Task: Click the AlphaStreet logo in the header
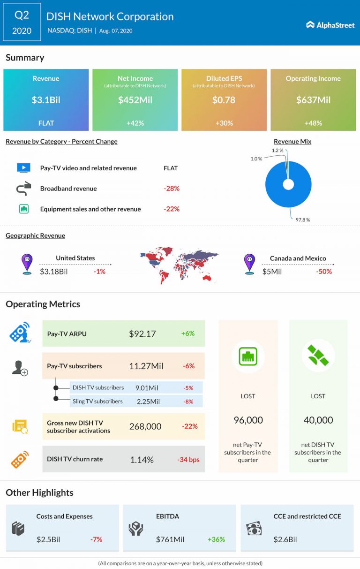click(x=330, y=25)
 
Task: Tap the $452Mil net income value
click(x=135, y=100)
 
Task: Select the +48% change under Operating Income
click(x=313, y=123)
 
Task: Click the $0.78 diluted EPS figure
click(x=224, y=100)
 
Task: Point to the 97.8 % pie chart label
click(x=302, y=220)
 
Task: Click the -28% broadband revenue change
click(x=172, y=189)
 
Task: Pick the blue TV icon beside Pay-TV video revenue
click(x=23, y=168)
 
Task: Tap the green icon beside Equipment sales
click(x=23, y=209)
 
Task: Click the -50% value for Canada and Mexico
click(x=324, y=271)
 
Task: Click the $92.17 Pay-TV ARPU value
click(x=142, y=334)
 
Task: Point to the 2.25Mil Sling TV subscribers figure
click(x=149, y=402)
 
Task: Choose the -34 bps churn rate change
click(x=188, y=459)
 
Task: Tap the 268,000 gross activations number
click(x=145, y=426)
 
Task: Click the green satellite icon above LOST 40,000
click(x=318, y=356)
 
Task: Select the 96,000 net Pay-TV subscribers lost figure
click(x=248, y=420)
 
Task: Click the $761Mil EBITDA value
click(x=170, y=539)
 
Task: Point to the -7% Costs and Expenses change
click(x=96, y=539)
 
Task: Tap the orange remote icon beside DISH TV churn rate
click(x=20, y=459)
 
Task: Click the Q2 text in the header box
click(x=22, y=15)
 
